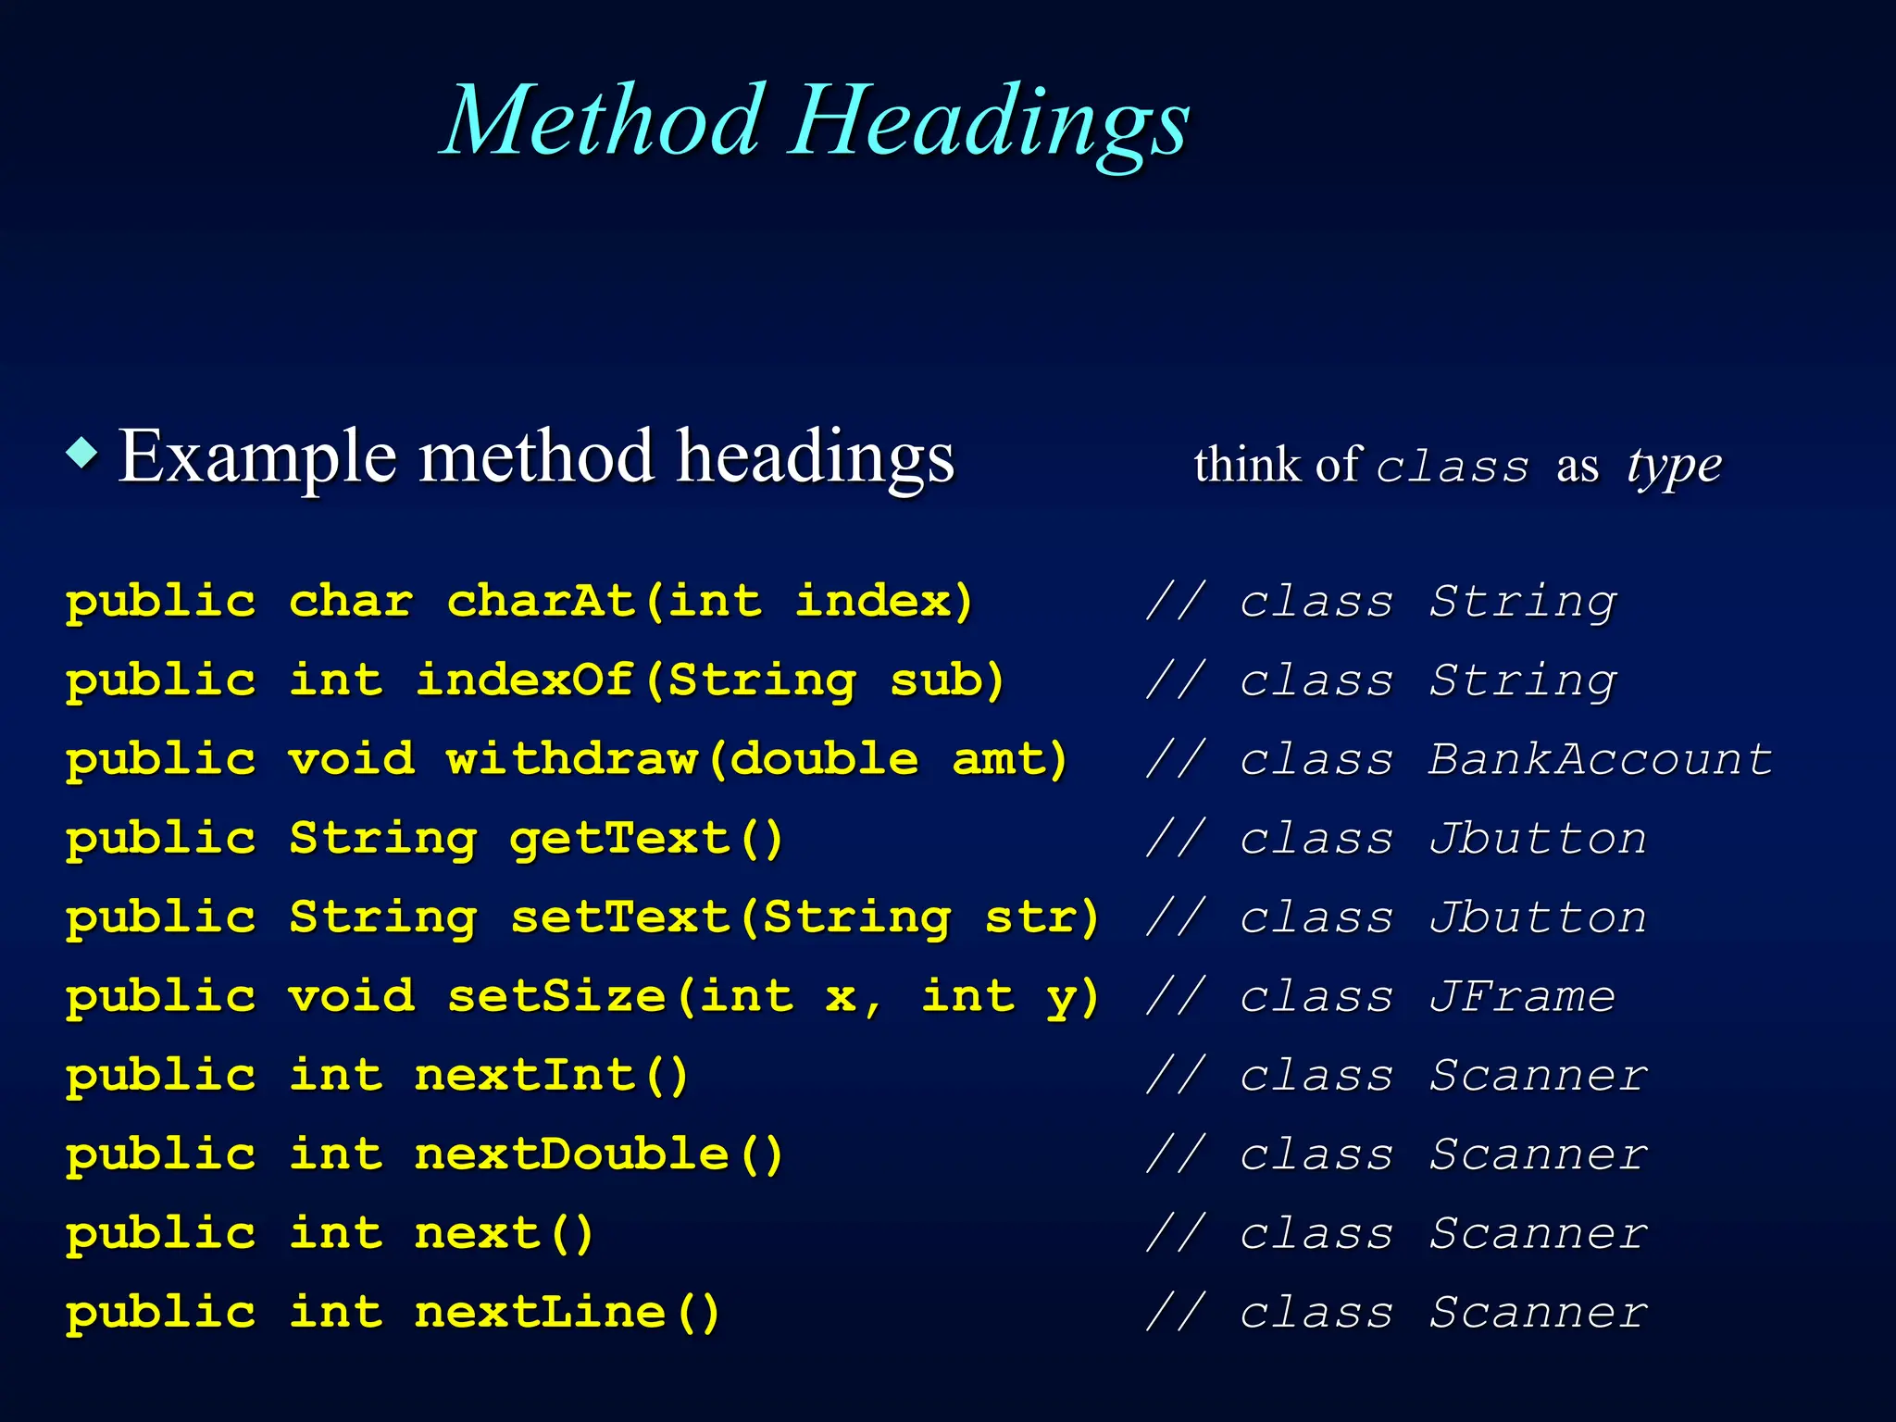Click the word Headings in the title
click(988, 125)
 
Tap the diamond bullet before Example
click(83, 453)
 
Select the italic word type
click(1674, 466)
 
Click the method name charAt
click(542, 602)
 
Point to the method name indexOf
click(525, 680)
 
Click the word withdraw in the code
click(572, 759)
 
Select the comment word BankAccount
click(1600, 759)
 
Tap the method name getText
click(620, 839)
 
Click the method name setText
click(620, 917)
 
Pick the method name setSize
click(556, 997)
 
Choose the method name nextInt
click(525, 1076)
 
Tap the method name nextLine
click(541, 1313)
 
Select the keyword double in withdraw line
click(824, 759)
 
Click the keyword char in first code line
click(351, 602)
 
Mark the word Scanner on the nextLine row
click(1537, 1313)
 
